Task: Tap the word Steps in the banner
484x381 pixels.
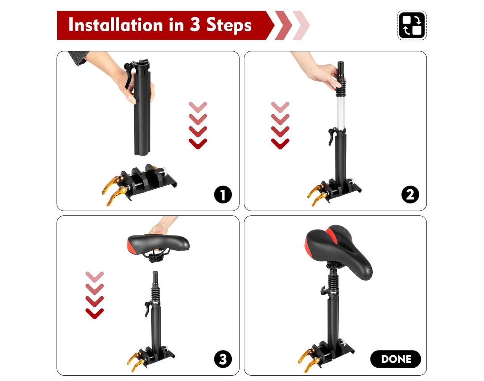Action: (x=229, y=25)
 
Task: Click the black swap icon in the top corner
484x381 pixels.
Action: (x=412, y=26)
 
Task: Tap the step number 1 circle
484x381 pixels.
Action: (x=223, y=194)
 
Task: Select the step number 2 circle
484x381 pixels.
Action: (x=410, y=194)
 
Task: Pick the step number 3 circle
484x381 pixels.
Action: (x=223, y=359)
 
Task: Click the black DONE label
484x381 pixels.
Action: (x=395, y=359)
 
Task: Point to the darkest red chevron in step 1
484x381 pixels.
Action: (x=198, y=144)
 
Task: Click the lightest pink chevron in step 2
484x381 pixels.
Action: (x=280, y=107)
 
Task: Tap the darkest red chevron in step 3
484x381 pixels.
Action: (x=94, y=313)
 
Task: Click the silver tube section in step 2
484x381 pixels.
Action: (x=340, y=114)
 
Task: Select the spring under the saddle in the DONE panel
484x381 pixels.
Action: (x=332, y=282)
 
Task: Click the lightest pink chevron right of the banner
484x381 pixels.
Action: (x=301, y=26)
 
